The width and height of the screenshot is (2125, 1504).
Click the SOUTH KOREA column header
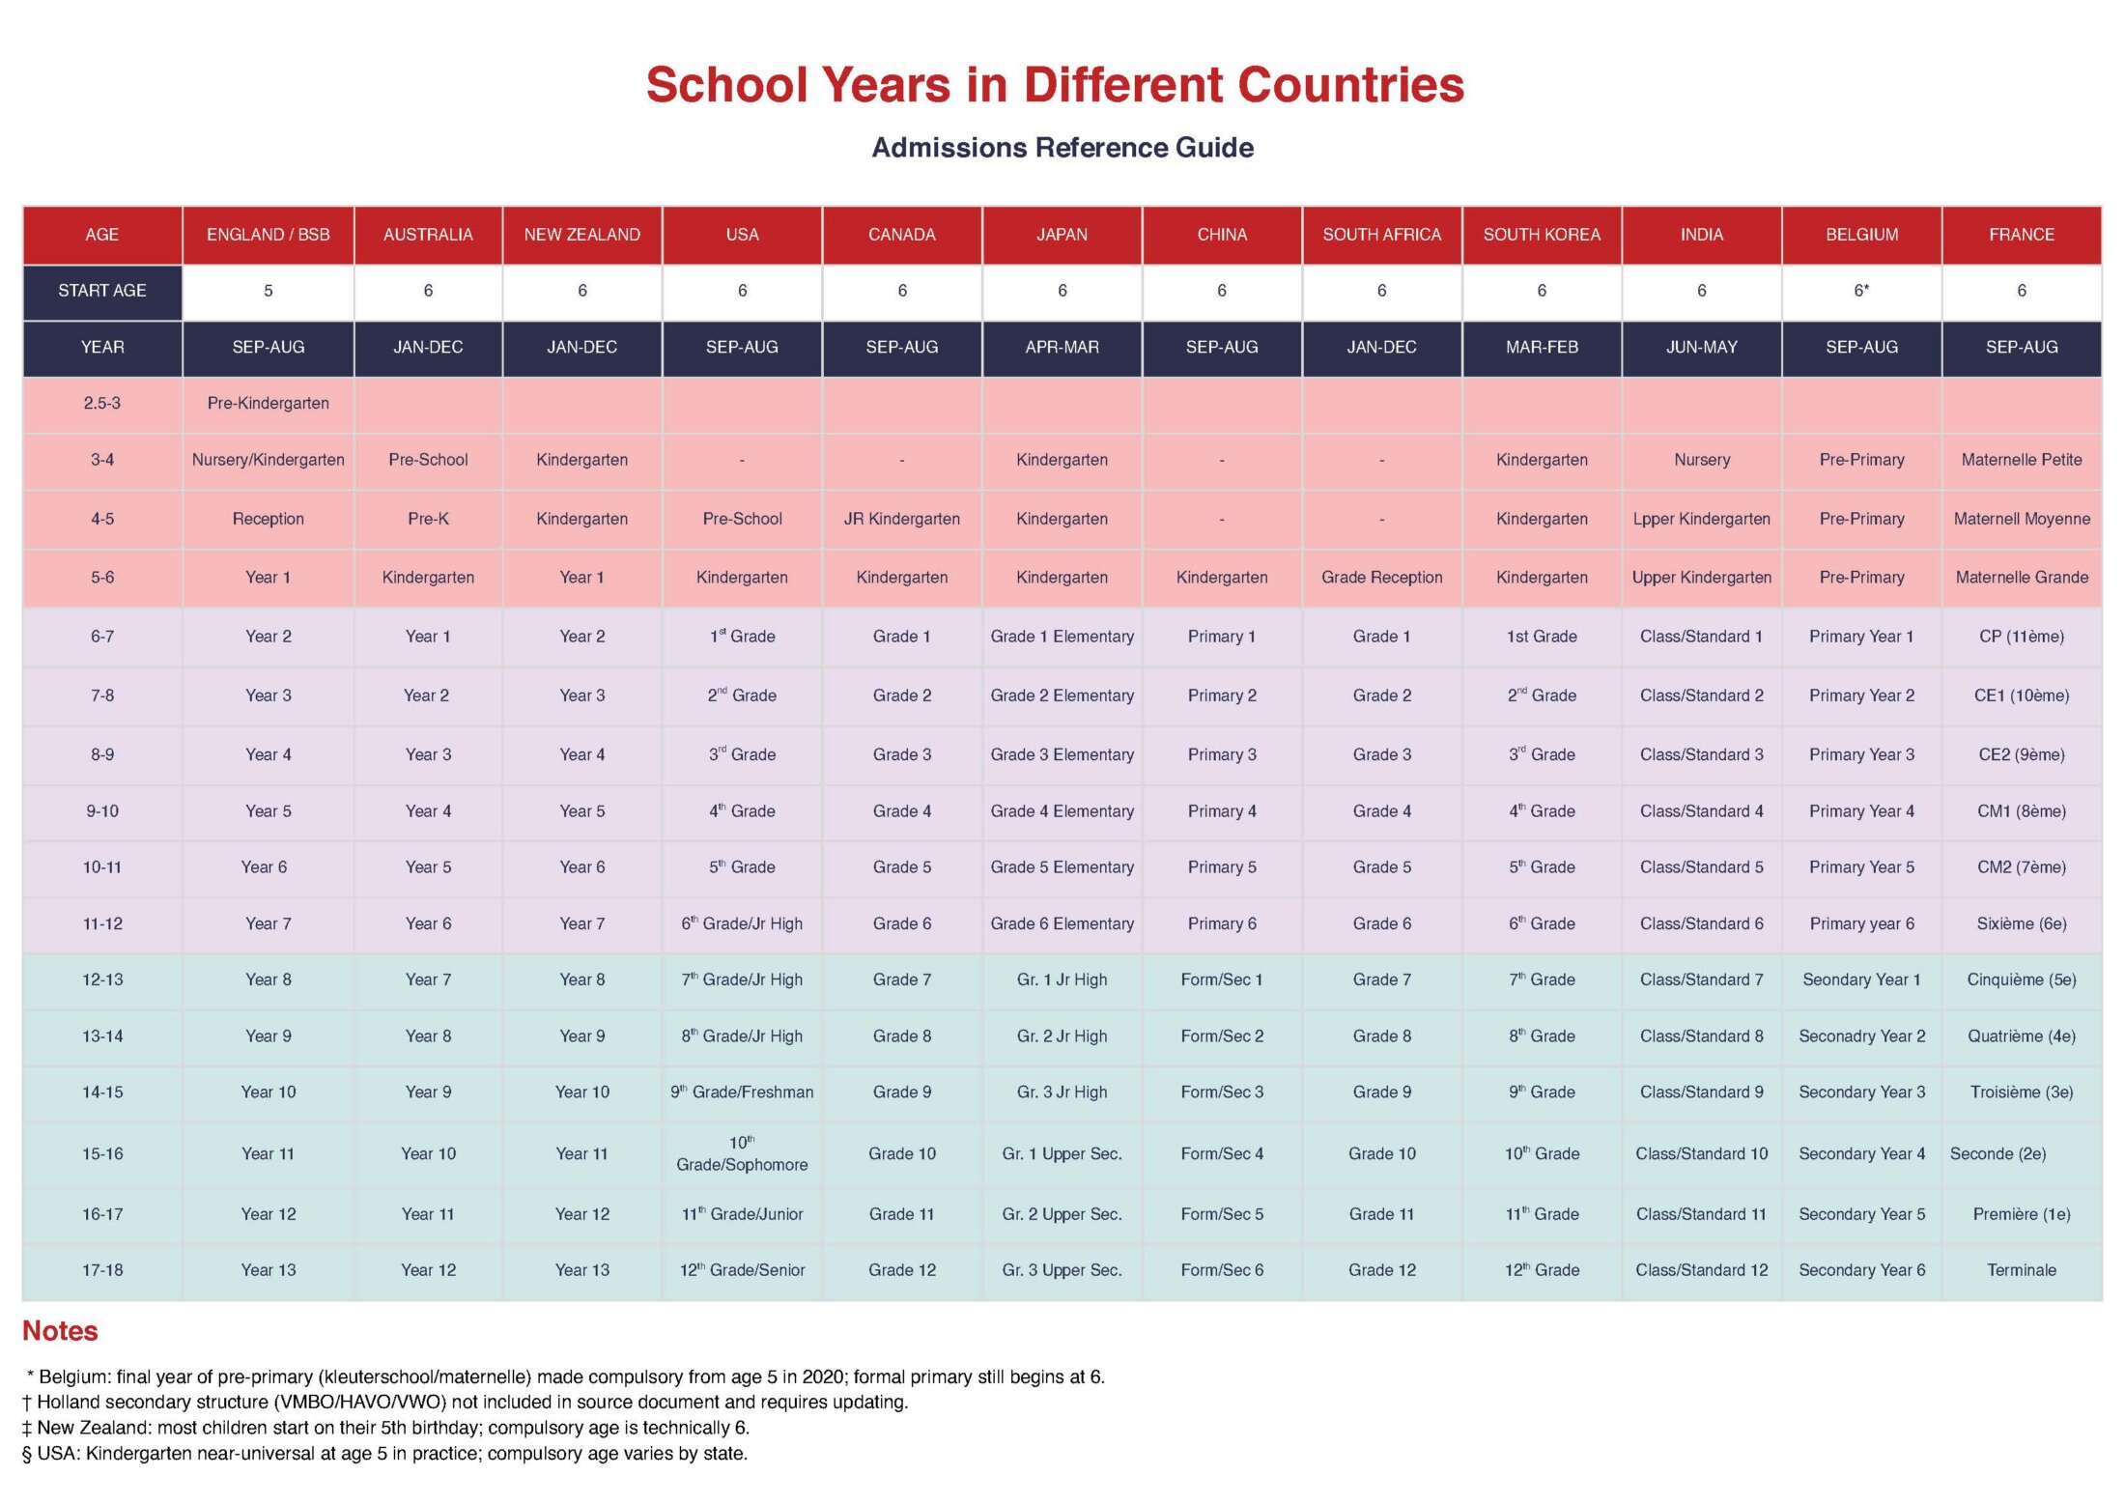coord(1542,235)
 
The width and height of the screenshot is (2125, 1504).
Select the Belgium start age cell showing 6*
coord(1861,291)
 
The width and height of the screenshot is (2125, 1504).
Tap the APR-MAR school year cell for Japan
coord(1062,347)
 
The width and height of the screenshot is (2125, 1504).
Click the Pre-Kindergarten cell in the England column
coord(268,403)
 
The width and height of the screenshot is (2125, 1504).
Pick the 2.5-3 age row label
coord(102,403)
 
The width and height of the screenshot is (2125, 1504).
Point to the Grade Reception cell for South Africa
coord(1381,578)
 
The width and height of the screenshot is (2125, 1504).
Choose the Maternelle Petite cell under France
coord(2022,460)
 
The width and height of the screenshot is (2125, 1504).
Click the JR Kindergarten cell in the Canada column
coord(902,519)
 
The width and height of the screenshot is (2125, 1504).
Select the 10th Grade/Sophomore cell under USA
coord(742,1153)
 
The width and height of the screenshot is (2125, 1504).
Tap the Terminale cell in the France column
coord(2022,1270)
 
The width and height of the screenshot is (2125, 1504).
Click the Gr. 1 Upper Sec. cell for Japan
coord(1062,1153)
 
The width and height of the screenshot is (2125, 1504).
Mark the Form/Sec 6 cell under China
coord(1222,1270)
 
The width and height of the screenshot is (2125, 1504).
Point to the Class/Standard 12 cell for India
coord(1701,1270)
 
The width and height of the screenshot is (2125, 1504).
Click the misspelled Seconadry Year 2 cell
coord(1861,1036)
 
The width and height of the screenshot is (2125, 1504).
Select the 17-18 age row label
coord(102,1270)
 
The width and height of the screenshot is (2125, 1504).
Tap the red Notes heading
coord(60,1331)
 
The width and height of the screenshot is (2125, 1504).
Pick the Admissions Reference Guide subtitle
coord(1062,147)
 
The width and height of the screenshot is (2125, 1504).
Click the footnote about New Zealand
coord(385,1428)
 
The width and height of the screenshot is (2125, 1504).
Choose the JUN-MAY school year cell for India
coord(1701,347)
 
